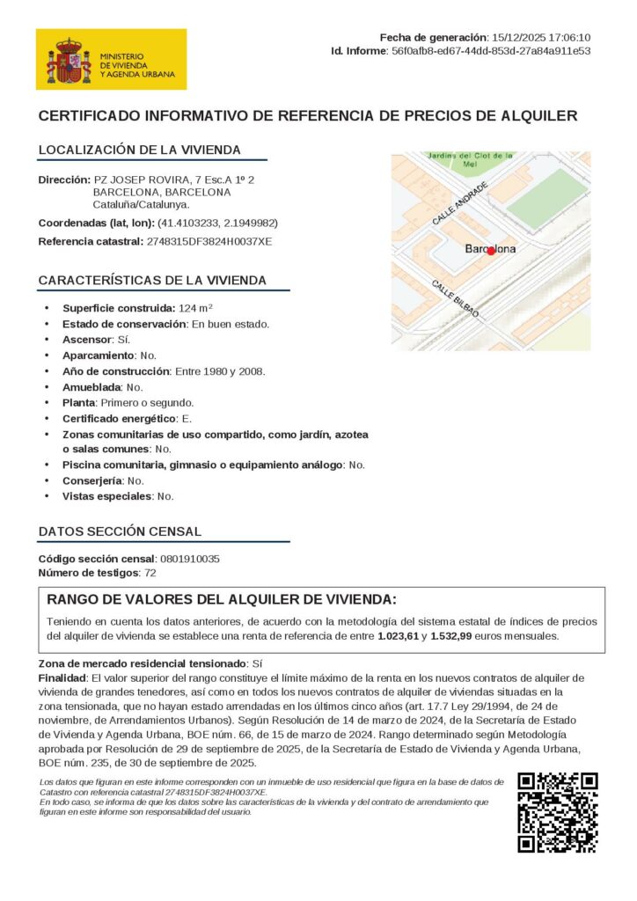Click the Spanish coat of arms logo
[69, 60]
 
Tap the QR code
[558, 812]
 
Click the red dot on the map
[492, 251]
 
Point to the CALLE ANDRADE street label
[459, 203]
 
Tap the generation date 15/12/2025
[517, 37]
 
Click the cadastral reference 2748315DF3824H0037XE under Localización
[209, 241]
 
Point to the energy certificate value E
[187, 418]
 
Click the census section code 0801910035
[190, 559]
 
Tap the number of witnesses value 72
[150, 573]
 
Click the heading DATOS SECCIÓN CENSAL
[120, 531]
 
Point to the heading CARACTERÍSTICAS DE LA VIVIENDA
[151, 281]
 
